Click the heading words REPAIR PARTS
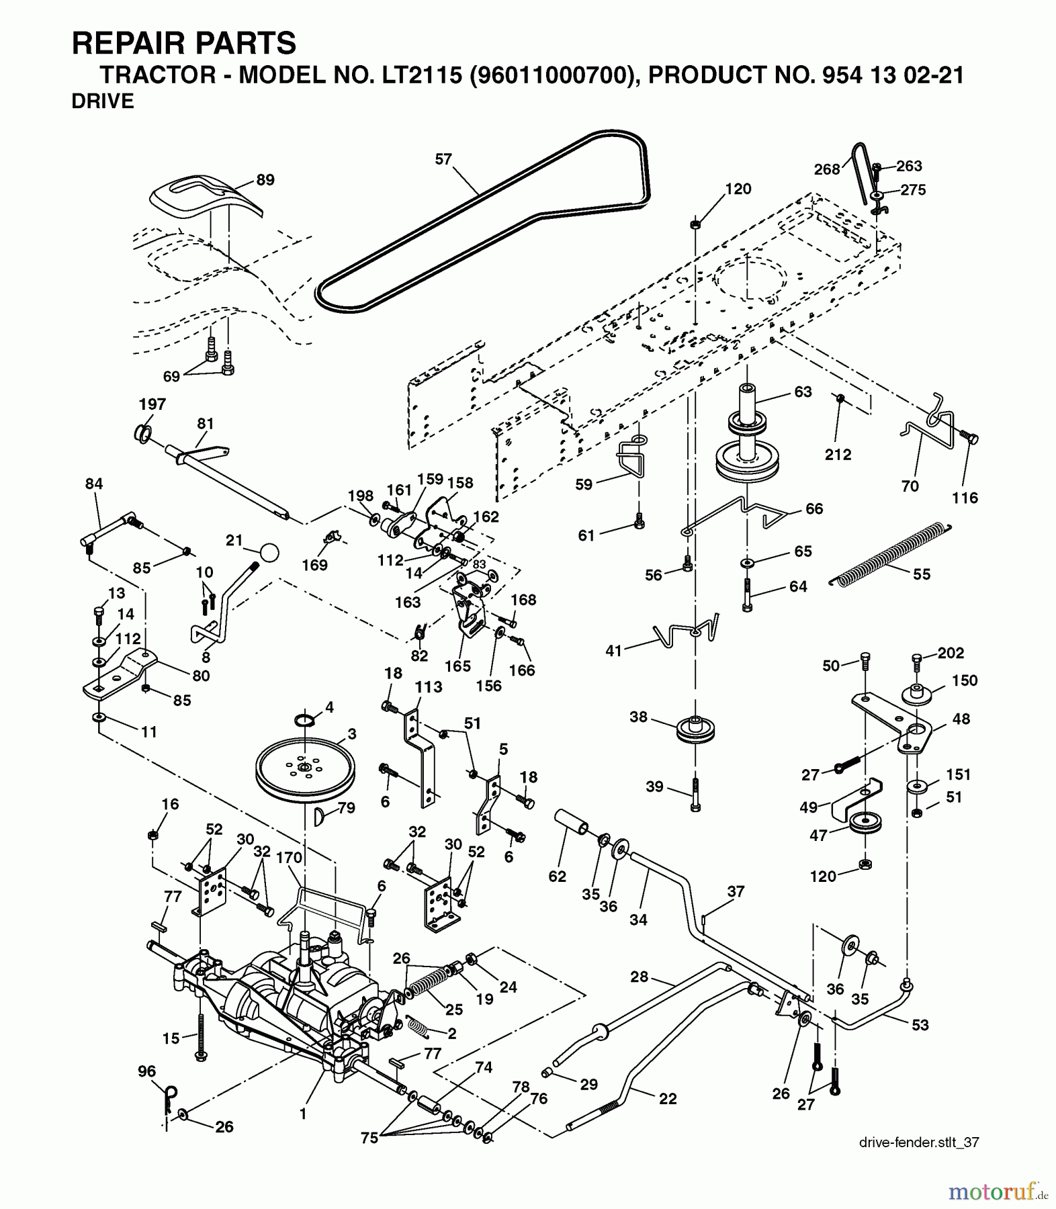pyautogui.click(x=183, y=43)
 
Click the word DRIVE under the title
pyautogui.click(x=102, y=101)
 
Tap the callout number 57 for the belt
pyautogui.click(x=443, y=160)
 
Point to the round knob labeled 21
pyautogui.click(x=269, y=553)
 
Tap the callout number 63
pyautogui.click(x=803, y=392)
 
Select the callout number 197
pyautogui.click(x=152, y=404)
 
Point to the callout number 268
pyautogui.click(x=827, y=169)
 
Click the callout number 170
pyautogui.click(x=289, y=858)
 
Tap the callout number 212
pyautogui.click(x=838, y=455)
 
